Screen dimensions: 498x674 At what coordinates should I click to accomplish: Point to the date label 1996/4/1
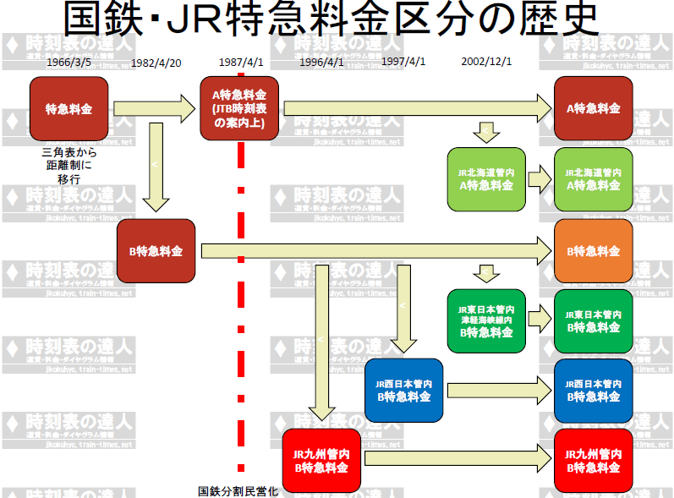[321, 63]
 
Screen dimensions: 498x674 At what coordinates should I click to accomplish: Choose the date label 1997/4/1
[403, 63]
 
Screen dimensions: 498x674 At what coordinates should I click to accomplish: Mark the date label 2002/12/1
[486, 63]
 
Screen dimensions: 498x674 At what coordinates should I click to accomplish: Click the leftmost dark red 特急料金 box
[68, 108]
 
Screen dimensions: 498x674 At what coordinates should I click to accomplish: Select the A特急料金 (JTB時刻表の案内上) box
[239, 108]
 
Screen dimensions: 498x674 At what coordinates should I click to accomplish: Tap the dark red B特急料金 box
[156, 251]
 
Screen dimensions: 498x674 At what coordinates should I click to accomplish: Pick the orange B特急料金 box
[593, 251]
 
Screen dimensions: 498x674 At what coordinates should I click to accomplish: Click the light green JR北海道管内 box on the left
[486, 179]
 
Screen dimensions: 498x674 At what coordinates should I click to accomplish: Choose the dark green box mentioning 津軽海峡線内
[486, 321]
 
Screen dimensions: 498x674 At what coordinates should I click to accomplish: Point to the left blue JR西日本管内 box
[403, 390]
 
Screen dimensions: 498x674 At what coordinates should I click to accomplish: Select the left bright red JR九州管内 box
[321, 460]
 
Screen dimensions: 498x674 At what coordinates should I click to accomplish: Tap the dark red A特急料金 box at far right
[593, 108]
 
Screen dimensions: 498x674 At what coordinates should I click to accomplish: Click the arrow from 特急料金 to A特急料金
[153, 107]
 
